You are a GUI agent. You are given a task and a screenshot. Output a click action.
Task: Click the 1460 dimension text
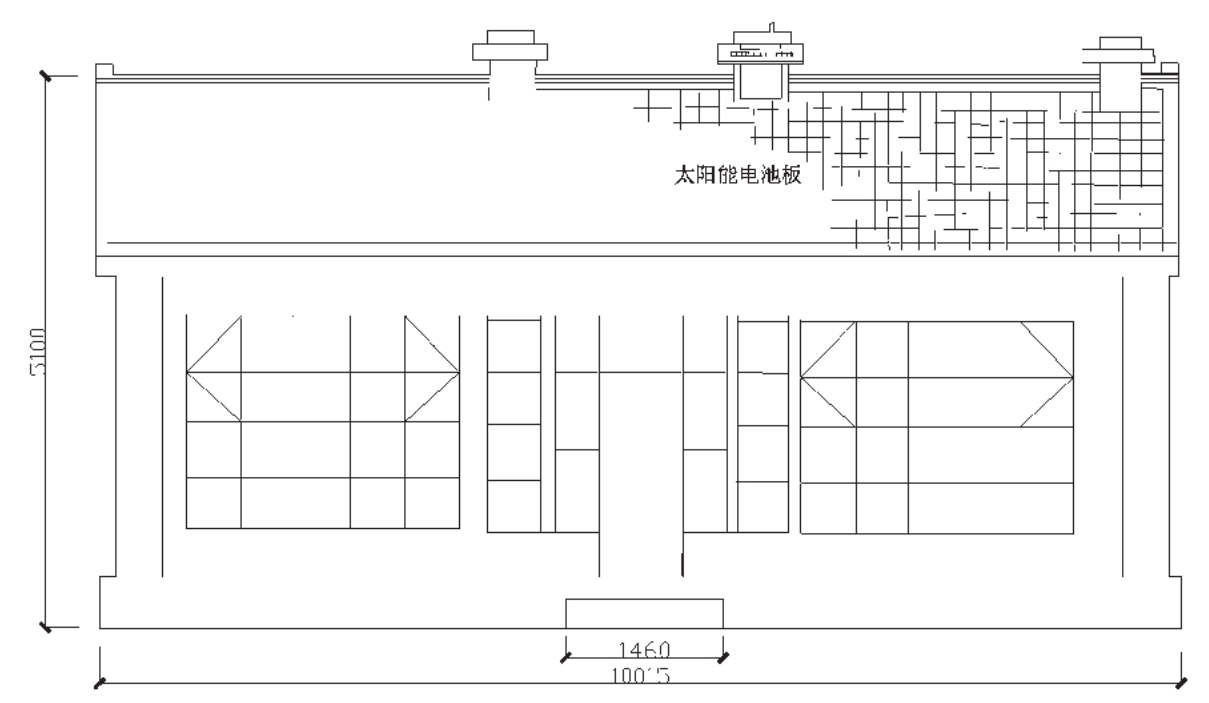[x=644, y=647]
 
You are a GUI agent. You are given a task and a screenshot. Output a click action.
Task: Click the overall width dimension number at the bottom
[x=640, y=674]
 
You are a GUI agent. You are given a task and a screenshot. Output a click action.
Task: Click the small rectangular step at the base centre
[x=644, y=613]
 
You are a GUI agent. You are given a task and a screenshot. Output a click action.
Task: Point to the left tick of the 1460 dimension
[x=566, y=657]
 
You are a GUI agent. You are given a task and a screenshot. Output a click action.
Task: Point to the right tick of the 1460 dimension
[x=723, y=657]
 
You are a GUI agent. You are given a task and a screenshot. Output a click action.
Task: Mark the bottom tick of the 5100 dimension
[x=46, y=627]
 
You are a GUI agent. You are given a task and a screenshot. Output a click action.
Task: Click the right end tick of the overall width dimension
[x=1181, y=684]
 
